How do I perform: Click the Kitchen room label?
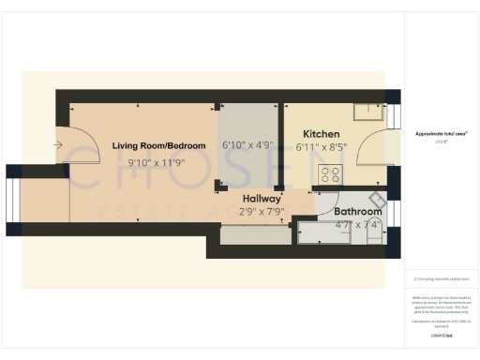(321, 134)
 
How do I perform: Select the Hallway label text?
(262, 199)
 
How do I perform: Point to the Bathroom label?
(358, 212)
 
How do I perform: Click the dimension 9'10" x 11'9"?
(157, 162)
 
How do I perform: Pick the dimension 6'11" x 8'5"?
(321, 147)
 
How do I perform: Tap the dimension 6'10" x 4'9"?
(247, 145)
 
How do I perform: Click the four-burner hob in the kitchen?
(330, 173)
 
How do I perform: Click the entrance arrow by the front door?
(58, 145)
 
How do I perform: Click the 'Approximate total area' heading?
(441, 134)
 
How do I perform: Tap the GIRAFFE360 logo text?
(441, 334)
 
